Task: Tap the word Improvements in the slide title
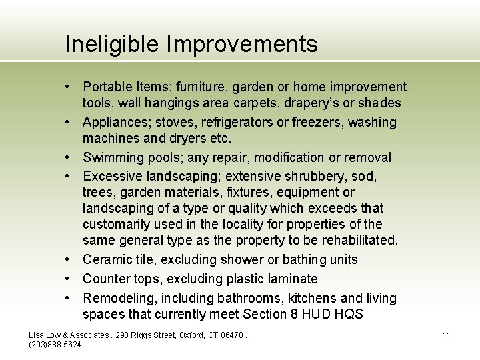click(x=242, y=44)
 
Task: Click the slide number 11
click(x=447, y=335)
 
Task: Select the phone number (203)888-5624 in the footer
click(x=55, y=344)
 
